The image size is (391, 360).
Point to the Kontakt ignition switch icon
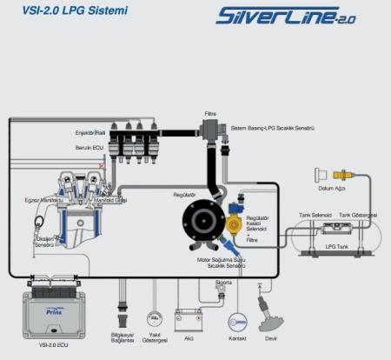237,323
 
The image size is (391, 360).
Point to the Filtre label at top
210,113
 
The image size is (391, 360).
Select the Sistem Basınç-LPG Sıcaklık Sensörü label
271,128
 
